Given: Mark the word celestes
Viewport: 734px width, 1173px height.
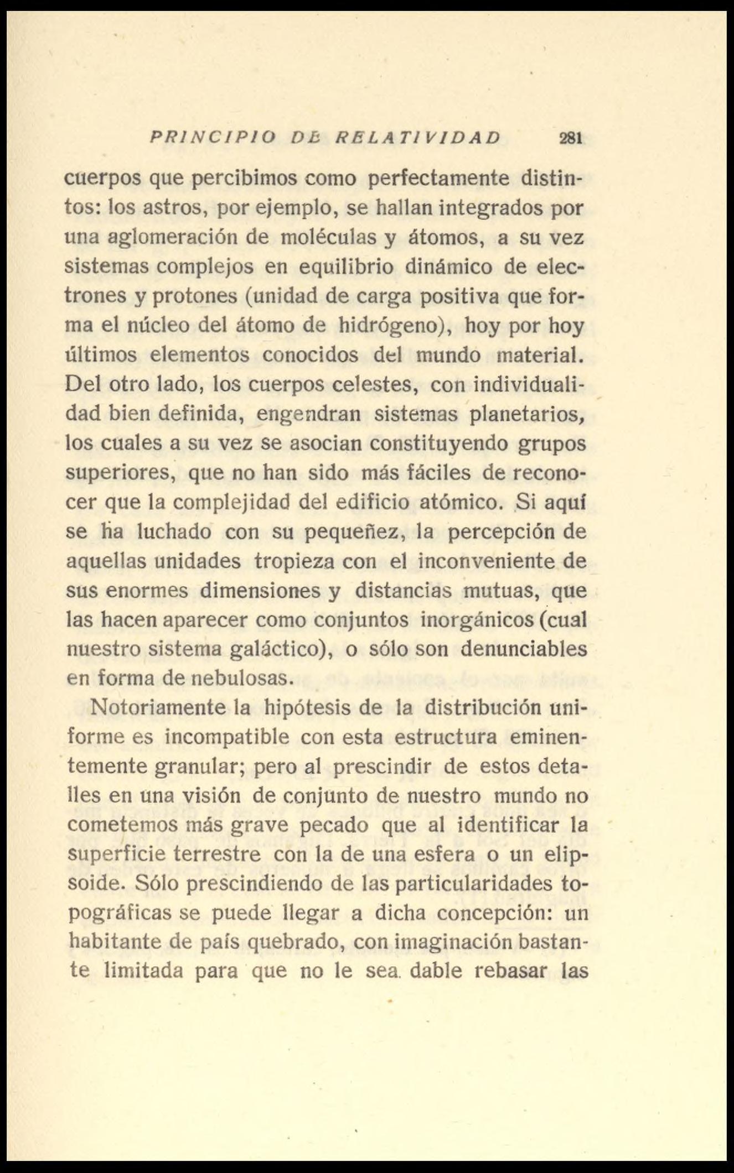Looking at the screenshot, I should [372, 384].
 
